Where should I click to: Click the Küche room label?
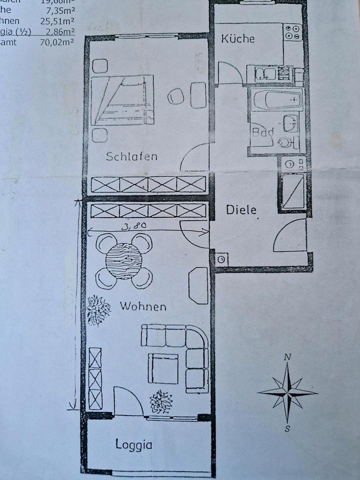click(x=238, y=39)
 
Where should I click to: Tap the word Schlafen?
click(x=131, y=156)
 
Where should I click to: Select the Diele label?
click(x=241, y=209)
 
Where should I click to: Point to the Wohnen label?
click(x=143, y=306)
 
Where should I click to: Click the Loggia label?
click(x=133, y=444)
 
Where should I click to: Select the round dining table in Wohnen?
click(x=124, y=260)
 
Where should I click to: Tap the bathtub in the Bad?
click(x=277, y=99)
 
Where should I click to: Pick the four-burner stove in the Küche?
click(x=292, y=32)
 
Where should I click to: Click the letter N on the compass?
click(x=287, y=357)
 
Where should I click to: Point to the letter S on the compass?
click(x=287, y=428)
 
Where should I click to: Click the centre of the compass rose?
click(x=287, y=392)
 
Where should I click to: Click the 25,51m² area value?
click(x=57, y=21)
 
